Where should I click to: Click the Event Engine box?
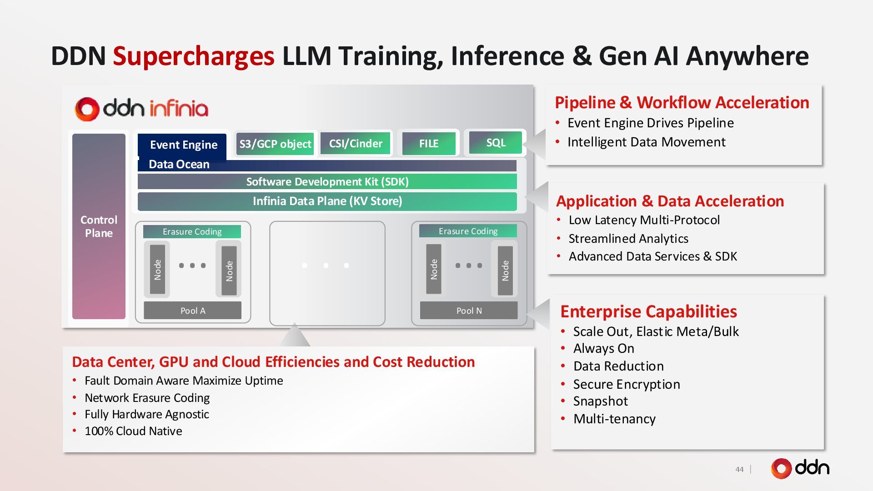[x=183, y=145]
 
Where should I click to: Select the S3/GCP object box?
[x=275, y=144]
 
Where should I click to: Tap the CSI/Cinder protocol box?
[x=356, y=144]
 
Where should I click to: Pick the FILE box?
[x=428, y=144]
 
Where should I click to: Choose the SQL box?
[x=496, y=143]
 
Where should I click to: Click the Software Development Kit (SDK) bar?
[x=327, y=182]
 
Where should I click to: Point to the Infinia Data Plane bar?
[x=327, y=201]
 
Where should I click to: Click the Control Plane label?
[x=99, y=226]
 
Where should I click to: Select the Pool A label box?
[x=192, y=311]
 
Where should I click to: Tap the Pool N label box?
[x=469, y=311]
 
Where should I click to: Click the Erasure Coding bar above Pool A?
[x=192, y=232]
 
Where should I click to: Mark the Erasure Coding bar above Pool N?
[x=468, y=231]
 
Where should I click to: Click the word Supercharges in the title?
[x=194, y=56]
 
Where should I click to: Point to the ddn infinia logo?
[x=141, y=109]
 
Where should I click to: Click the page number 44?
[x=739, y=469]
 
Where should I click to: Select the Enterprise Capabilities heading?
[x=648, y=311]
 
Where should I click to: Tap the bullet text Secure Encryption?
[x=626, y=385]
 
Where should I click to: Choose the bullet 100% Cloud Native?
[x=133, y=431]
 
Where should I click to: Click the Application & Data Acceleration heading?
[x=670, y=201]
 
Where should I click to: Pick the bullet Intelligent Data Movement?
[x=646, y=142]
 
